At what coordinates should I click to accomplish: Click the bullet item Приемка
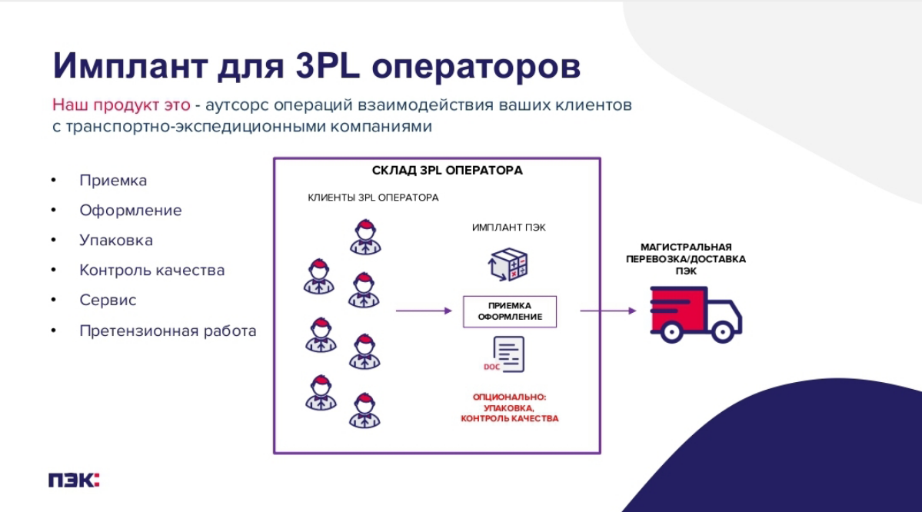[x=113, y=181]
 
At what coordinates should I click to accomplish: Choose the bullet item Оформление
[x=131, y=211]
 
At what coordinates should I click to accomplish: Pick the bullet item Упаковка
[x=116, y=241]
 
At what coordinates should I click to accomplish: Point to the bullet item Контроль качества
[x=152, y=271]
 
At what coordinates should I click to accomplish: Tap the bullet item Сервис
[x=108, y=301]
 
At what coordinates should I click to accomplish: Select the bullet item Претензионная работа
[x=168, y=331]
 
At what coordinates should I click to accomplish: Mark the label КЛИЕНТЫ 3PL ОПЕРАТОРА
[x=373, y=198]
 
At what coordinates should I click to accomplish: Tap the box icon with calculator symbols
[x=508, y=264]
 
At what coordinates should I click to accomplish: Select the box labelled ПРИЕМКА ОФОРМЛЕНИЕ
[x=510, y=311]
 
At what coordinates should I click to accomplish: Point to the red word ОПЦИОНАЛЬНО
[x=509, y=397]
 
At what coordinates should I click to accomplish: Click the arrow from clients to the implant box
[x=423, y=311]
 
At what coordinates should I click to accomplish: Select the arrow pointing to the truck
[x=607, y=311]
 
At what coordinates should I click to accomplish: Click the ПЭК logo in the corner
[x=74, y=480]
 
